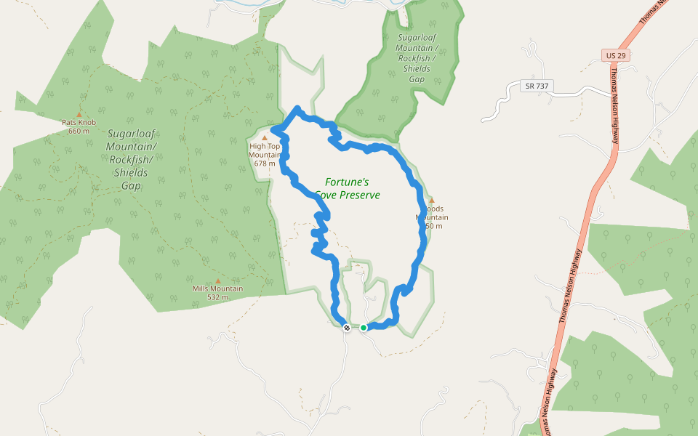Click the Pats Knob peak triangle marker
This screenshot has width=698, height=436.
coord(79,115)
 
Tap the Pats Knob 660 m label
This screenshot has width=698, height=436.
coord(79,126)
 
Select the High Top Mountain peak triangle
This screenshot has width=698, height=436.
coord(265,137)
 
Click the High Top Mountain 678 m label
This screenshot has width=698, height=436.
coord(265,154)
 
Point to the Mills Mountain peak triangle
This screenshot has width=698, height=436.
coord(217,281)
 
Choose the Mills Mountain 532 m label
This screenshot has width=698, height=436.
coord(217,293)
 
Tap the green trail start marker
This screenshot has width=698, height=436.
coord(364,328)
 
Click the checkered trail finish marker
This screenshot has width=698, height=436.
coord(347,328)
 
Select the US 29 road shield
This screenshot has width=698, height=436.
coord(614,55)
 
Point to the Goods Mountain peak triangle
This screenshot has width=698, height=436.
coord(432,201)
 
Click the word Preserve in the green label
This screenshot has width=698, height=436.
coord(358,195)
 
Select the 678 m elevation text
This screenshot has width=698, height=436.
coord(265,163)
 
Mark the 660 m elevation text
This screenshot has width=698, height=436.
coord(79,132)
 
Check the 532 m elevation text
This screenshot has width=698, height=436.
coord(217,297)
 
